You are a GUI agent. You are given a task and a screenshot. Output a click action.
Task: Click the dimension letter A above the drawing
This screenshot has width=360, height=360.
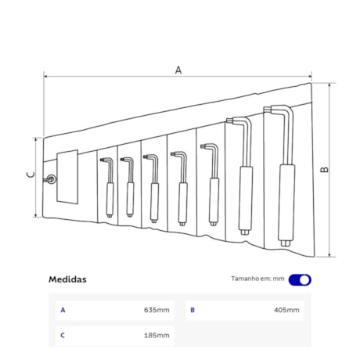(x=178, y=70)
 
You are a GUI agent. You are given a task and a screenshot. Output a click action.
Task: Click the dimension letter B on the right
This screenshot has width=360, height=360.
(x=325, y=170)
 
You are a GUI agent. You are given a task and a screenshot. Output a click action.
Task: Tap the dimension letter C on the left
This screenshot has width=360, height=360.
(x=31, y=175)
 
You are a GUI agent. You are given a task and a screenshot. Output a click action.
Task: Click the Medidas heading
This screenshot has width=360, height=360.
(x=67, y=279)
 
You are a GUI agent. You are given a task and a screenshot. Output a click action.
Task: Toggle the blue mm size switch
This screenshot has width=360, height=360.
(x=300, y=280)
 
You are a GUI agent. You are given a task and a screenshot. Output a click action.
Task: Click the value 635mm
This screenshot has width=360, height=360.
(x=157, y=310)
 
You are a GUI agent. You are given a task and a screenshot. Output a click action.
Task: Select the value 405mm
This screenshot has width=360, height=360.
(x=286, y=310)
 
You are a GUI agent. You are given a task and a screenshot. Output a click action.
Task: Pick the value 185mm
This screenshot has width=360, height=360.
(x=157, y=335)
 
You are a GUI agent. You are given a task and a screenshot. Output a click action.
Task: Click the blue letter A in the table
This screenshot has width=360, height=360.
(x=63, y=310)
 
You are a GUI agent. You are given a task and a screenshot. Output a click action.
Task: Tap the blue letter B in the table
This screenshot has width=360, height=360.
(x=193, y=310)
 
